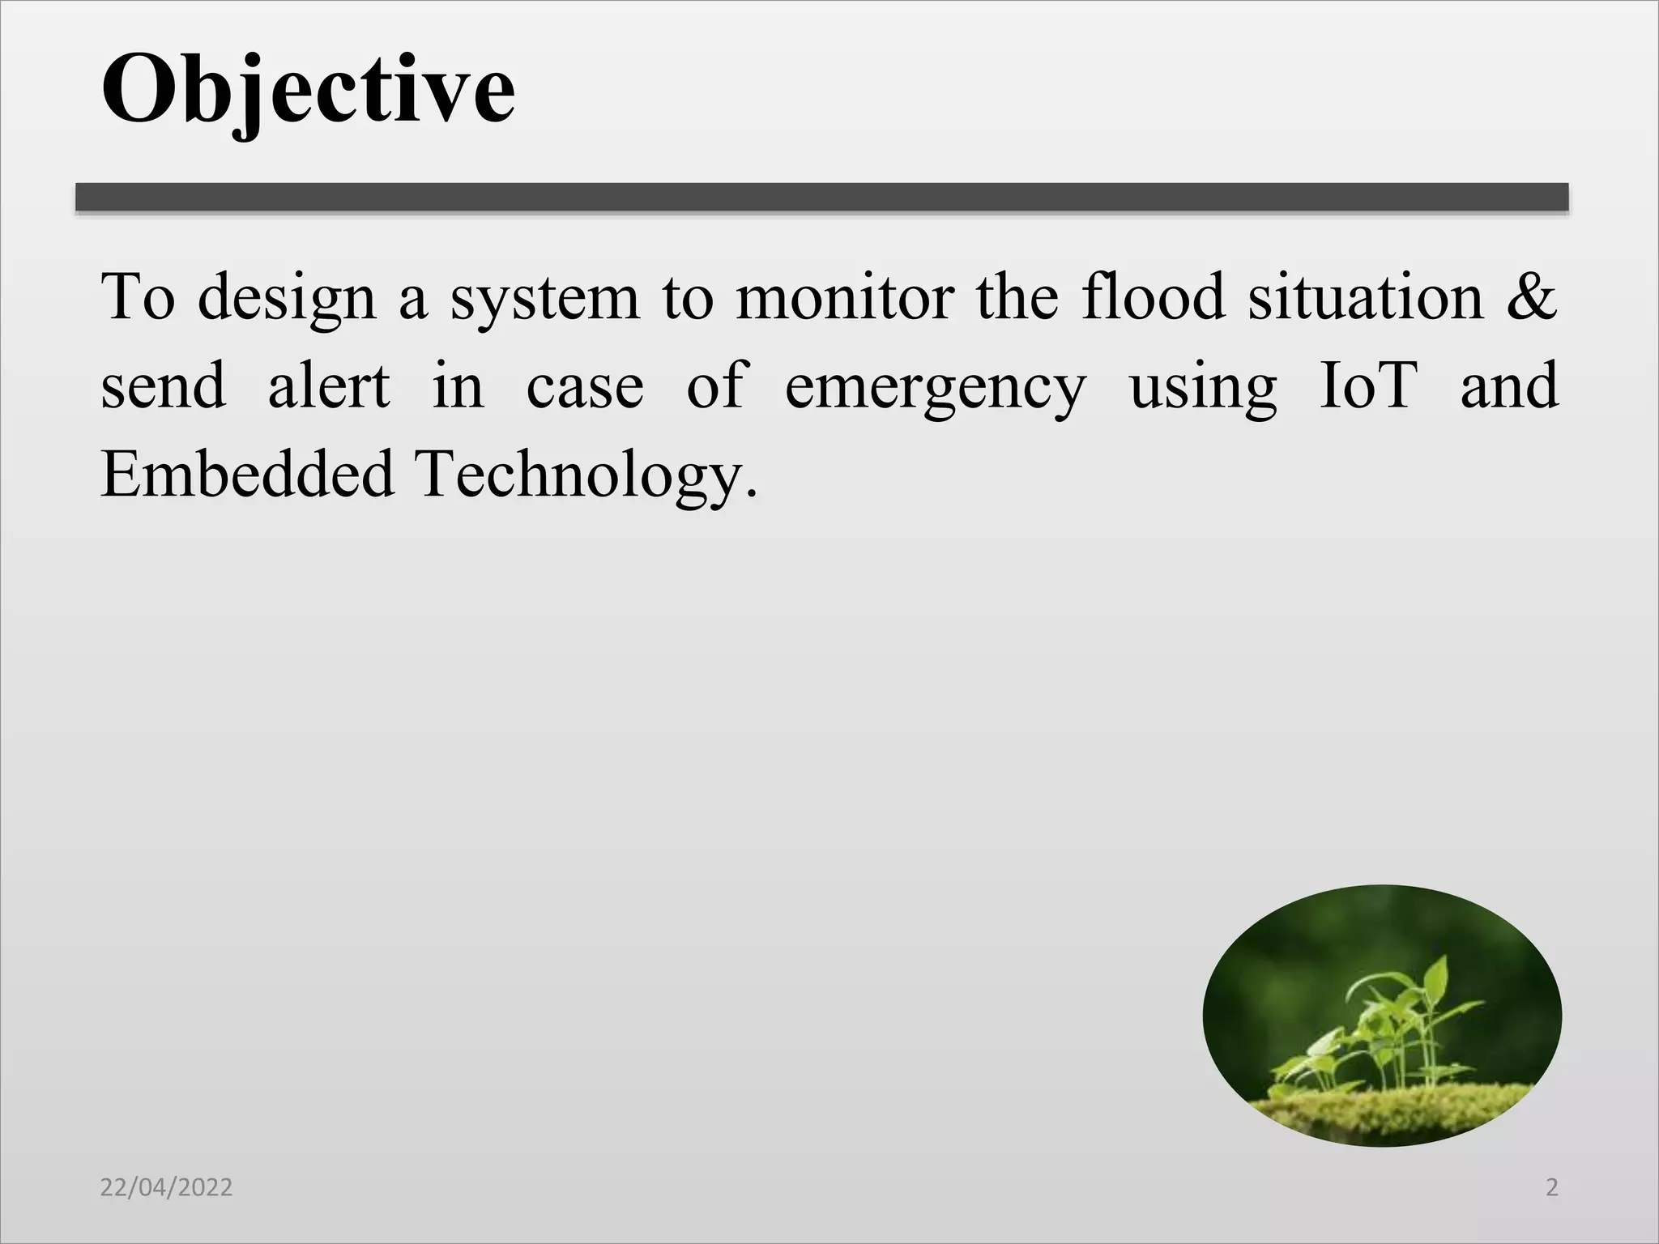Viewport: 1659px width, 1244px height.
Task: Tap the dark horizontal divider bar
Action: [x=821, y=197]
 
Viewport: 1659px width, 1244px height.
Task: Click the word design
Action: [x=287, y=298]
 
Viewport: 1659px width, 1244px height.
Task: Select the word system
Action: [x=545, y=298]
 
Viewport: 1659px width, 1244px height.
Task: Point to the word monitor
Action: [x=845, y=296]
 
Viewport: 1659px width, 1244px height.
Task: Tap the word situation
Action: [x=1365, y=296]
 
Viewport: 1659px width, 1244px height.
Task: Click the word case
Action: [x=585, y=387]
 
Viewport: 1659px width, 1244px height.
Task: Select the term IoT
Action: [x=1368, y=386]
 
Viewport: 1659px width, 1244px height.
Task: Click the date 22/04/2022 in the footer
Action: [x=166, y=1187]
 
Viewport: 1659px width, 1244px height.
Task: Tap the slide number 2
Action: [x=1552, y=1187]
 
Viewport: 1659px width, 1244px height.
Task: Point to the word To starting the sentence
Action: [x=137, y=296]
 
